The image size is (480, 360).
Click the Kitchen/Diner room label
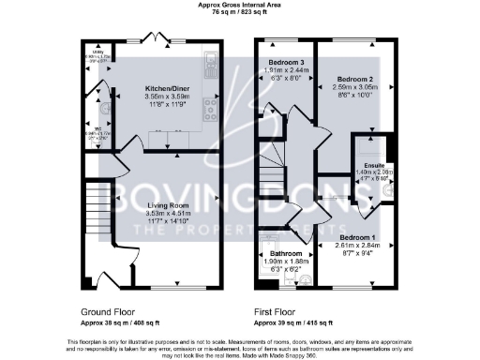[x=157, y=87]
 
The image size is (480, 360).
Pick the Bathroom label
[x=287, y=254]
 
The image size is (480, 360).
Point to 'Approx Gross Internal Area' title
[x=239, y=5]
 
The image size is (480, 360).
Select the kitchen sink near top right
[x=211, y=66]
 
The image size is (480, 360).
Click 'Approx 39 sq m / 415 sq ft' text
[x=292, y=319]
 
